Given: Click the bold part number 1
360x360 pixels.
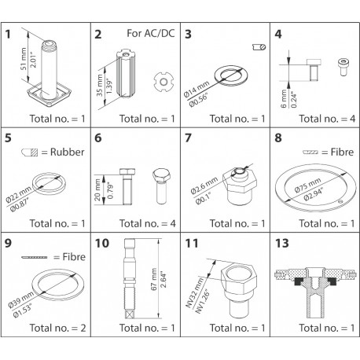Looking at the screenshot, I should pyautogui.click(x=9, y=35).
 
